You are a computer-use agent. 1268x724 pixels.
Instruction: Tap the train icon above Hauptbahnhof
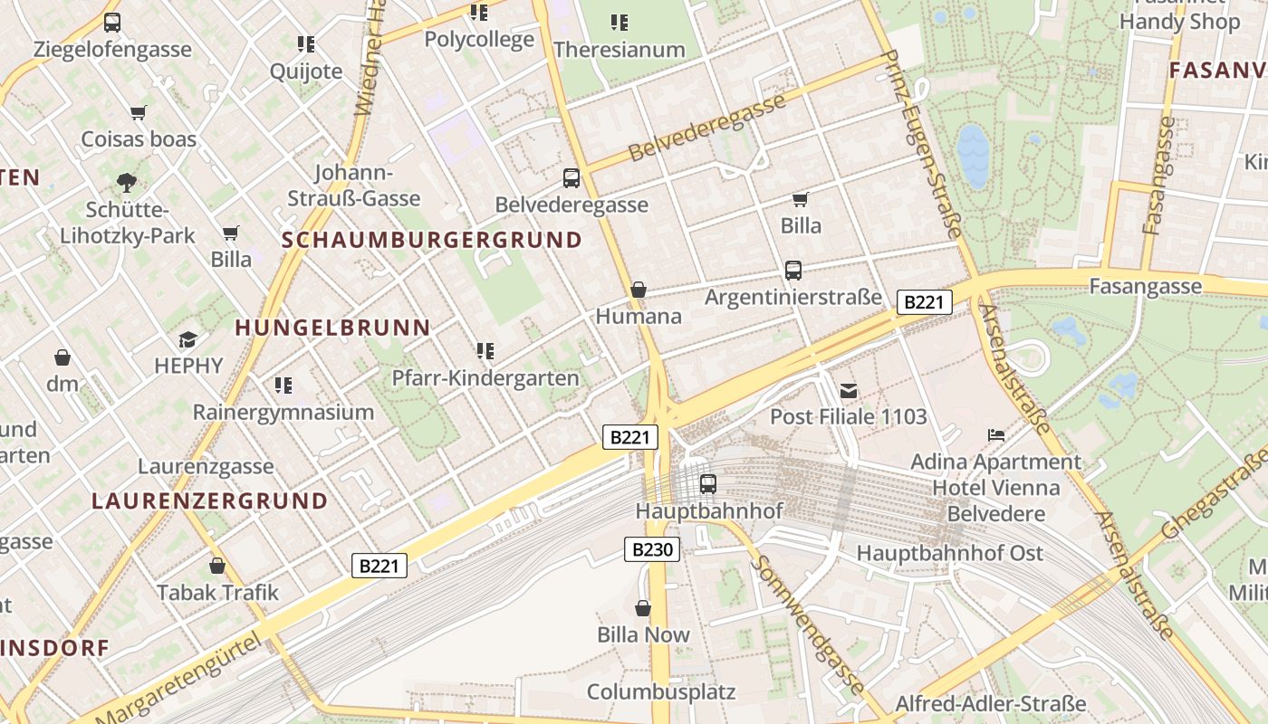(x=708, y=484)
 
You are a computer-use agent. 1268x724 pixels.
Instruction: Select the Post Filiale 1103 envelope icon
(x=849, y=391)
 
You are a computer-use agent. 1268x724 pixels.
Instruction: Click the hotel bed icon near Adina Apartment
(x=996, y=435)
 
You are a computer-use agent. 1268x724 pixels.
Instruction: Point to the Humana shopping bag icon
(x=639, y=290)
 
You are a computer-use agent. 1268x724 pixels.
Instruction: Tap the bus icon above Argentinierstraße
(x=792, y=270)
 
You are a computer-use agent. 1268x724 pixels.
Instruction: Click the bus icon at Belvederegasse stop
(x=571, y=178)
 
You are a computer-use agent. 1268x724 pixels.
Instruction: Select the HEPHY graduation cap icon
(x=187, y=339)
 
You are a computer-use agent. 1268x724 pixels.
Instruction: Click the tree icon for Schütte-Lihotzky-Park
(x=127, y=183)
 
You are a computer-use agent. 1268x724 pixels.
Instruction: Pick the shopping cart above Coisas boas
(x=138, y=113)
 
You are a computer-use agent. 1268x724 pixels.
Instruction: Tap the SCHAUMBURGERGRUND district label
(x=432, y=240)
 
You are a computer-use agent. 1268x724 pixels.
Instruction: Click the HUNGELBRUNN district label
(x=333, y=328)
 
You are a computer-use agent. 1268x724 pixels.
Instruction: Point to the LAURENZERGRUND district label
(x=209, y=500)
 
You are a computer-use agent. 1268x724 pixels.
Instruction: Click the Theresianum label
(x=620, y=50)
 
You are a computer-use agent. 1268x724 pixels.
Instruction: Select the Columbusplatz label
(x=661, y=692)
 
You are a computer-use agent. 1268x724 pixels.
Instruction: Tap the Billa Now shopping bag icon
(x=643, y=608)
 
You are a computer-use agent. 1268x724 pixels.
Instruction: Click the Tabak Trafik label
(x=218, y=593)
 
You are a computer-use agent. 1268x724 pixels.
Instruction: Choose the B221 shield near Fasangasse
(x=924, y=302)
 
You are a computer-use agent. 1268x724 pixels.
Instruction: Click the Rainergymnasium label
(x=283, y=413)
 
